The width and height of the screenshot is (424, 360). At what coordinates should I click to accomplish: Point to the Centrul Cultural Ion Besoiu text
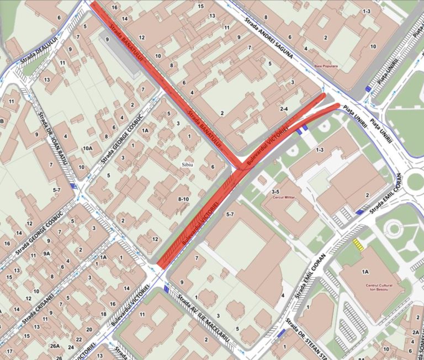click(375, 288)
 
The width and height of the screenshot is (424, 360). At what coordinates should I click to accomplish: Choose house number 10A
click(87, 149)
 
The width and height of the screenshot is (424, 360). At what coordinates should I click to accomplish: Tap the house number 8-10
click(184, 198)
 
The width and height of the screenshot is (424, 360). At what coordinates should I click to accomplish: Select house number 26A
click(55, 346)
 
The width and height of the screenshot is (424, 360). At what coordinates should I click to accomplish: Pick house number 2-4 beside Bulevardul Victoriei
click(284, 109)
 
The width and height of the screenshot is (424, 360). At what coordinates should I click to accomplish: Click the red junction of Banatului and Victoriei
click(241, 168)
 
